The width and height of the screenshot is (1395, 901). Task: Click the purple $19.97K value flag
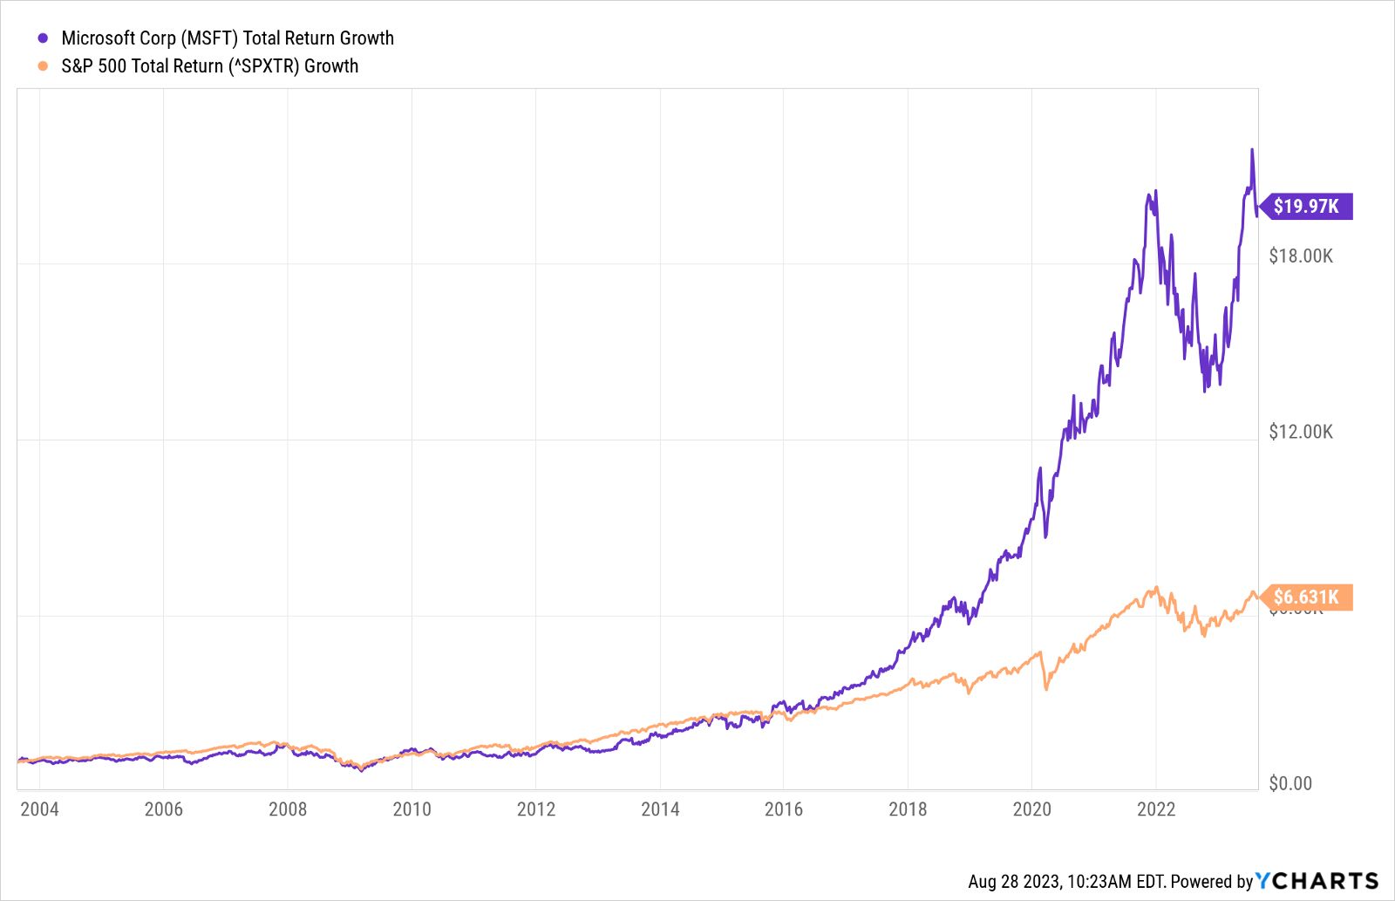[1305, 207]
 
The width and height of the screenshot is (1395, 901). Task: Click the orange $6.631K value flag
[1305, 597]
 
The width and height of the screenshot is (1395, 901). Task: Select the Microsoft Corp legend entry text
[228, 38]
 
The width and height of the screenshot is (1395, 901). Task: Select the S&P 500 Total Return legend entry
[209, 66]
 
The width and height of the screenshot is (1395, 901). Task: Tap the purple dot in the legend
[43, 38]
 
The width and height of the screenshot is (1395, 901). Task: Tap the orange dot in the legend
[43, 66]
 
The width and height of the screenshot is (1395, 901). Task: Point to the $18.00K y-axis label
[1300, 256]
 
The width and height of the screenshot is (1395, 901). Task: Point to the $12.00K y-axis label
[1300, 433]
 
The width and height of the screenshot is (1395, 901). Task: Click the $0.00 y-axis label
[1290, 783]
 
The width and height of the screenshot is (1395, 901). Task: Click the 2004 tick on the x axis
[39, 809]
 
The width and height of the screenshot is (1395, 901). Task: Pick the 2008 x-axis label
[288, 809]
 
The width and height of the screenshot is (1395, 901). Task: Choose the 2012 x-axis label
[535, 809]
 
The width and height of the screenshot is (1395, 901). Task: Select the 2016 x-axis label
[783, 809]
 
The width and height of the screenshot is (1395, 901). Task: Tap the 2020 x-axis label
[1031, 809]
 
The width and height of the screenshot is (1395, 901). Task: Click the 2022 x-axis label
[1156, 809]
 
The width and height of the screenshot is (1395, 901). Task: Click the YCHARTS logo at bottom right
[1317, 880]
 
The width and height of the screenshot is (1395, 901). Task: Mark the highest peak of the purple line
[1252, 150]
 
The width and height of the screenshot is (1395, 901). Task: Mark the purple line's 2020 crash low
[1045, 536]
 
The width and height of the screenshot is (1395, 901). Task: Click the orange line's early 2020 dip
[1046, 689]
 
